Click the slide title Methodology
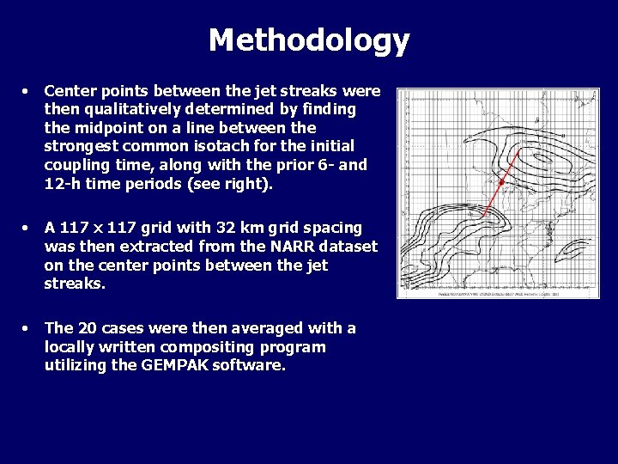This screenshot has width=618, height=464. point(309,40)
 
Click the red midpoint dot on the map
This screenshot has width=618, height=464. point(501,182)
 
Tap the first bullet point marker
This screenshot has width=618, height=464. point(27,90)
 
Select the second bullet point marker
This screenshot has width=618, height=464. point(27,228)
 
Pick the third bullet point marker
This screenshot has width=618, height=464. point(27,328)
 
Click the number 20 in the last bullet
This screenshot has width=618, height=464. point(87,328)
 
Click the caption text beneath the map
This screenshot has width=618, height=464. point(498,293)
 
